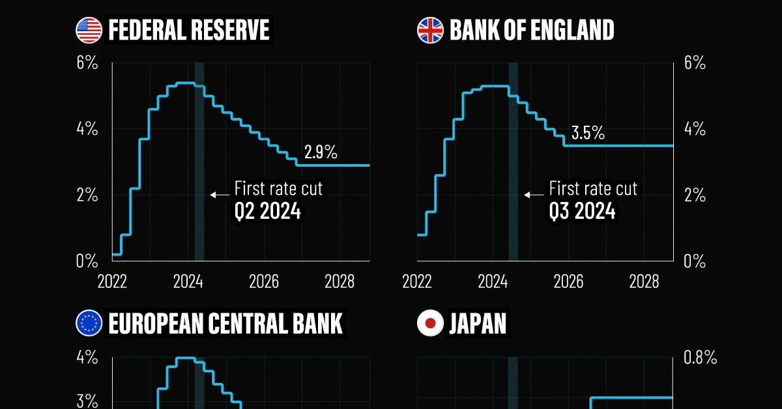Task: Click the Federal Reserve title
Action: (188, 30)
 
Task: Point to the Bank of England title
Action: (531, 30)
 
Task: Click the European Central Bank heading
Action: (225, 324)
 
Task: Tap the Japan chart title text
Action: (477, 324)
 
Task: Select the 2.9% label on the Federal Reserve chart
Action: (321, 153)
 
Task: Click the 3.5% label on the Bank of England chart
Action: (588, 134)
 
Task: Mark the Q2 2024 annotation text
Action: (267, 212)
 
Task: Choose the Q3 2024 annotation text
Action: (582, 212)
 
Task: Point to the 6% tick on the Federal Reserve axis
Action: (87, 63)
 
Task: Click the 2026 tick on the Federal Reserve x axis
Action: (264, 282)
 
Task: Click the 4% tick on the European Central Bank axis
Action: (87, 358)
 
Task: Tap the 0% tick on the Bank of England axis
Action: (695, 261)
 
